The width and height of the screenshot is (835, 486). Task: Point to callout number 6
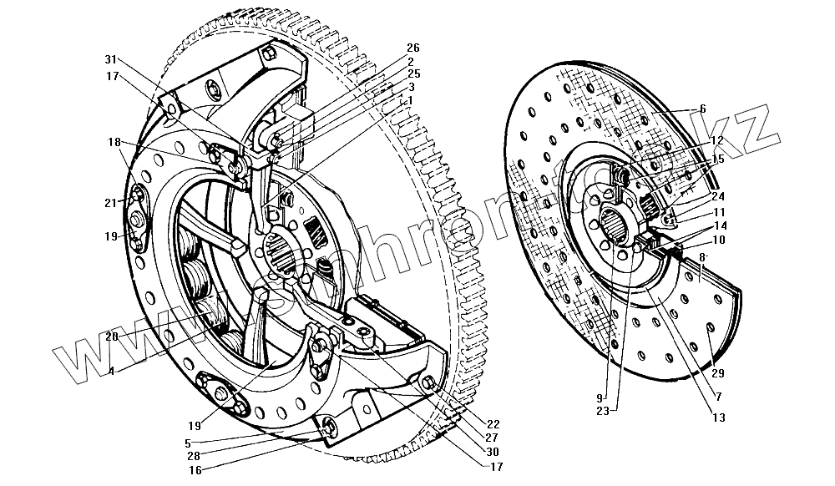coord(703,109)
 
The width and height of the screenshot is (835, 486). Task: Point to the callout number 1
coord(410,99)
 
